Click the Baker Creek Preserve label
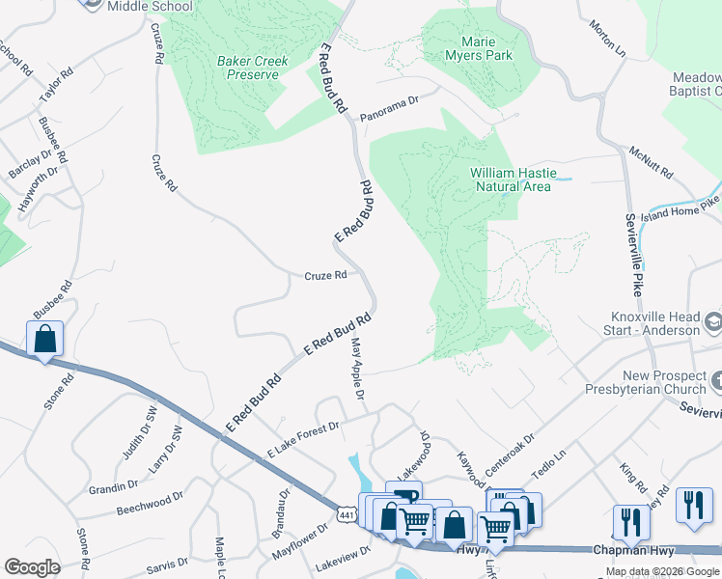click(252, 68)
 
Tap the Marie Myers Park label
click(480, 48)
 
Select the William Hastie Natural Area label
click(511, 179)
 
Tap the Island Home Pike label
click(684, 205)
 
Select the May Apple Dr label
click(356, 369)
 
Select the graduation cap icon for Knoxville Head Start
click(712, 319)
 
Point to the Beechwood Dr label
click(150, 503)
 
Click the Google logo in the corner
click(32, 566)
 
